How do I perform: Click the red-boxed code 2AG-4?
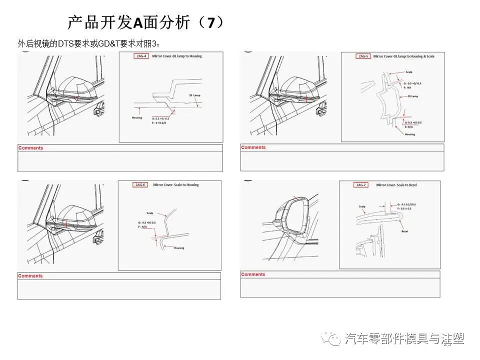[142, 56]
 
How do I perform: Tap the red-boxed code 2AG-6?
[140, 185]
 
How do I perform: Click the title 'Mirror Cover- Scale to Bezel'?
[396, 185]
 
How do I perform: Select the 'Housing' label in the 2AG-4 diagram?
[136, 118]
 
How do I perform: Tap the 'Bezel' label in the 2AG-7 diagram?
[404, 231]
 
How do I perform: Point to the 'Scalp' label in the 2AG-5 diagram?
[408, 72]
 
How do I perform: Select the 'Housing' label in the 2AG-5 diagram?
[410, 134]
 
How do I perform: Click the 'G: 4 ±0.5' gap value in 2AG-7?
[405, 204]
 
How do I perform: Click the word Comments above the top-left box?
[30, 148]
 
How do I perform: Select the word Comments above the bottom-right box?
[253, 274]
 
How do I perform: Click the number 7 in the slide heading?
[211, 22]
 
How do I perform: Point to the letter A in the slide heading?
[138, 22]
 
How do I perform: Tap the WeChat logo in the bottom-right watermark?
[331, 339]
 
